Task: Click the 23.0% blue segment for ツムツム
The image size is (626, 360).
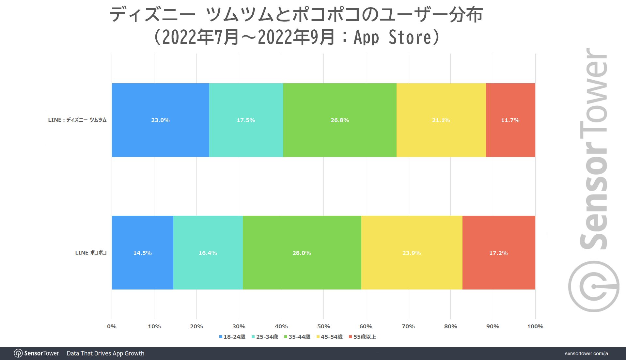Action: click(160, 120)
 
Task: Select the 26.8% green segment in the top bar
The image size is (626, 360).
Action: click(340, 120)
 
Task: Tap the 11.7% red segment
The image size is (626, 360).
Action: click(510, 120)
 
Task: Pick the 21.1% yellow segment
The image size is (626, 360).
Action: click(441, 120)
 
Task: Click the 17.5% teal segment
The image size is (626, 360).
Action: click(246, 120)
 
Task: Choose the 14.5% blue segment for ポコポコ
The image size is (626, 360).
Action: click(142, 253)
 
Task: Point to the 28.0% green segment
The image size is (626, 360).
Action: click(302, 253)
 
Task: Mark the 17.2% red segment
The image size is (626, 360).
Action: click(498, 253)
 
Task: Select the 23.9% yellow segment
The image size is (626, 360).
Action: click(412, 253)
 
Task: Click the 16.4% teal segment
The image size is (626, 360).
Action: click(208, 253)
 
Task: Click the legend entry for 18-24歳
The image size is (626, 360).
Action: click(232, 337)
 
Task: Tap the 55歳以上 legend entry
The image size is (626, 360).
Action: click(363, 337)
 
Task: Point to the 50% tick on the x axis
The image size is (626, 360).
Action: click(323, 326)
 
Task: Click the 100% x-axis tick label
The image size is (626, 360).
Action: click(535, 326)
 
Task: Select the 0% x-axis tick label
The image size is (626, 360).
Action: click(112, 326)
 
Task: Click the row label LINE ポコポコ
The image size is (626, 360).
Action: click(91, 253)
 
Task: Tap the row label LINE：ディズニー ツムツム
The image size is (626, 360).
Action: click(77, 120)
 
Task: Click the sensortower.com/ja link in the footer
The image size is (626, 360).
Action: click(586, 353)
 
